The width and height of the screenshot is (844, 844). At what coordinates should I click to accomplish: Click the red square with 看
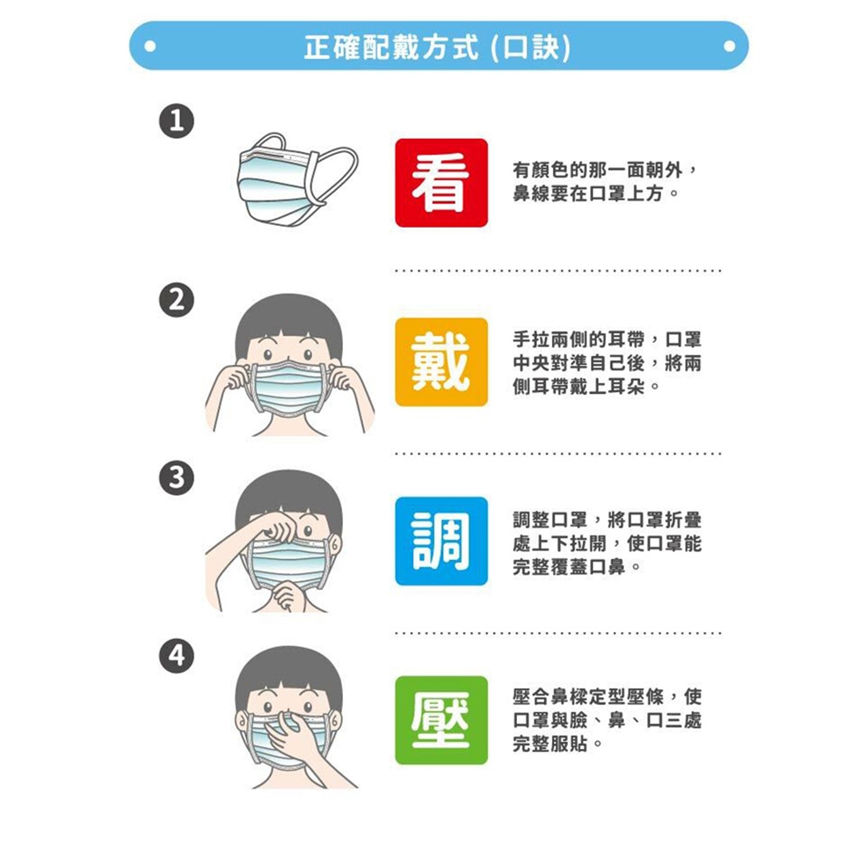tap(441, 183)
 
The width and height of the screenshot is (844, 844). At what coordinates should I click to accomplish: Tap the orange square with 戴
tap(441, 361)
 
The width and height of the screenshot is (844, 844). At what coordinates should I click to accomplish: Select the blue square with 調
tap(441, 541)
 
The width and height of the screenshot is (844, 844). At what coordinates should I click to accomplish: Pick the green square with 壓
tap(441, 720)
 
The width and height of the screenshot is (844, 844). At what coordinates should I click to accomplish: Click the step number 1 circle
tap(177, 120)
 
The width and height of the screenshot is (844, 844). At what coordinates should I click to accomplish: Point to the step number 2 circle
tap(177, 299)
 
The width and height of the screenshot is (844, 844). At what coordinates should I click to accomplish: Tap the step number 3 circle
tap(177, 477)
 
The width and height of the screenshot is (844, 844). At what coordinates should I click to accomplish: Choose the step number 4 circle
tap(177, 656)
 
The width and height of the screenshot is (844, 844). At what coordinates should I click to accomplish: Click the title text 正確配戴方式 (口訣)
tap(437, 47)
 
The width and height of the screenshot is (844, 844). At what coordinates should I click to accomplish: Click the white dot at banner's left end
tap(150, 47)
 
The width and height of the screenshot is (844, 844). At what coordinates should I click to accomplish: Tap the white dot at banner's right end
tap(730, 47)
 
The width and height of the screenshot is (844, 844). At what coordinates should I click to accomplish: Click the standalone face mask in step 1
tap(296, 180)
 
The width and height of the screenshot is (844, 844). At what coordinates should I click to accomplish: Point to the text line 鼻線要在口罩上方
tap(588, 193)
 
